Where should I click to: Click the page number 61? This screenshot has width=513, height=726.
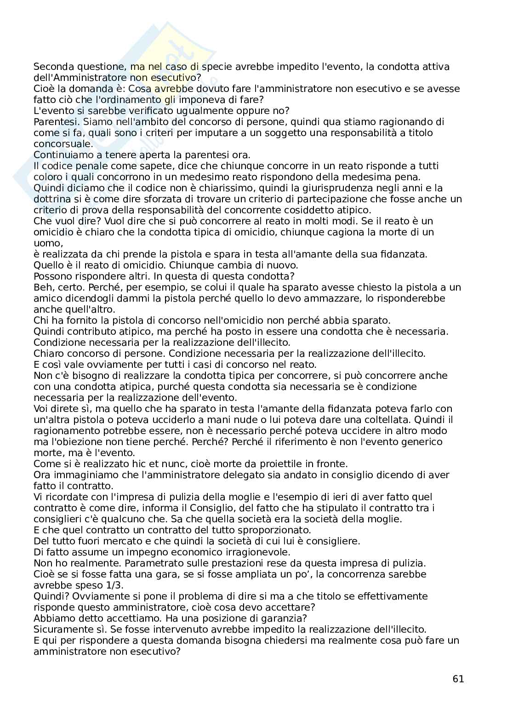tap(458, 679)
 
